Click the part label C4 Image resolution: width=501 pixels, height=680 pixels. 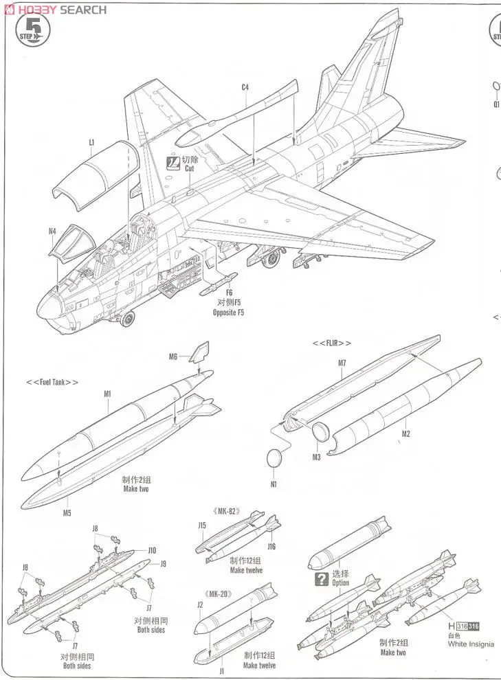coord(245,87)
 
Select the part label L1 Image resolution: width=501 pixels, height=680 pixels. coord(91,143)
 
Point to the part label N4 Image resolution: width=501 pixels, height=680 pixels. coord(52,231)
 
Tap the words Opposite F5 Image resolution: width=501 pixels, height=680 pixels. coord(228,313)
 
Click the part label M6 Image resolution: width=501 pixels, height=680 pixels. coord(173,356)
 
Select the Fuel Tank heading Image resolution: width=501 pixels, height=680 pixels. coord(52,383)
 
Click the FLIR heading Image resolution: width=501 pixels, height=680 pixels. coord(332,343)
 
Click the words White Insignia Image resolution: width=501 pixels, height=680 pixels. coord(471,644)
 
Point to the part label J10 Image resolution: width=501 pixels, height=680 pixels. coord(152,550)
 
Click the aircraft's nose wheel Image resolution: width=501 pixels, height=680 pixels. coord(127,319)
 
